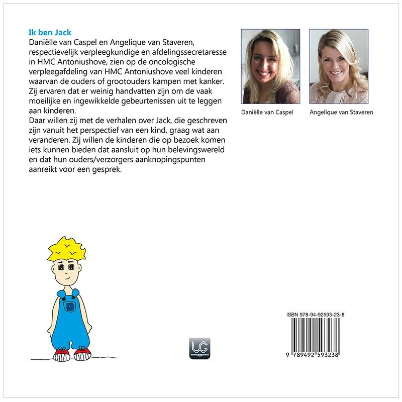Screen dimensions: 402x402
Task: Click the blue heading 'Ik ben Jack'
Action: (50, 33)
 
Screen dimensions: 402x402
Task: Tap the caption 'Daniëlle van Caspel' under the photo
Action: (270, 112)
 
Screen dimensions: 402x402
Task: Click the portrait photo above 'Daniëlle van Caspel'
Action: (270, 66)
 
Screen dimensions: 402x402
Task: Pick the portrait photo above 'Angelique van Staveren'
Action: (339, 66)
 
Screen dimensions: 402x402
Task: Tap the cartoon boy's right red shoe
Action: (82, 354)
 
